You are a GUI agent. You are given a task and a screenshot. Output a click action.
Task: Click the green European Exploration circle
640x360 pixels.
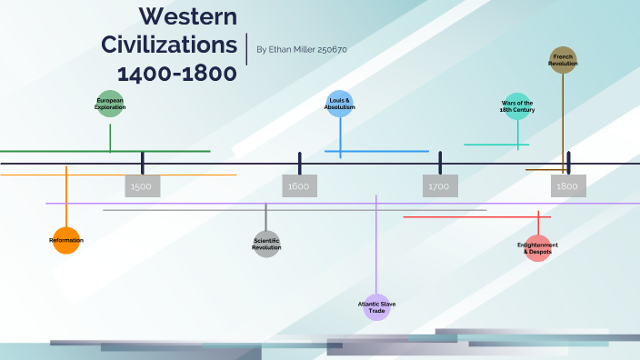click(110, 104)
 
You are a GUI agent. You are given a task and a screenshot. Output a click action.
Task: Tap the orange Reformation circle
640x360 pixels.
click(66, 240)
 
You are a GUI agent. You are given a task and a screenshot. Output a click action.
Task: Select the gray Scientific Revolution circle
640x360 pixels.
click(266, 244)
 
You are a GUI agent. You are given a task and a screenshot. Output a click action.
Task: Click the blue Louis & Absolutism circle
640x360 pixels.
click(340, 104)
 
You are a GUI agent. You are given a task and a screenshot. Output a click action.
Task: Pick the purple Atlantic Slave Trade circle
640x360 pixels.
click(376, 307)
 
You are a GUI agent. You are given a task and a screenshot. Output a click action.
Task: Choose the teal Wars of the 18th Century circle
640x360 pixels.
click(517, 105)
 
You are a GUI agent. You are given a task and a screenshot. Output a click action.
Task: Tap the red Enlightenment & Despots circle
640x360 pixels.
click(538, 247)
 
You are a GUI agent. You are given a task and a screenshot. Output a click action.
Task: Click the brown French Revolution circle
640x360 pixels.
click(563, 60)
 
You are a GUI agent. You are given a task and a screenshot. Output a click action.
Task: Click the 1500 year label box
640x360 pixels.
click(142, 186)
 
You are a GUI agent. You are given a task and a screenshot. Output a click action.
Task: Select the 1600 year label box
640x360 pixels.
click(299, 186)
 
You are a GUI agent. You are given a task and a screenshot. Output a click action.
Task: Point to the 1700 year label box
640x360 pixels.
click(440, 186)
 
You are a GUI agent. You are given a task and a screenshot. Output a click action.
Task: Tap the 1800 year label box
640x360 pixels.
click(568, 186)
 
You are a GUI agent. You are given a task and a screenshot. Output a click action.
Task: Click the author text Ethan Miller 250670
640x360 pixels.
click(302, 50)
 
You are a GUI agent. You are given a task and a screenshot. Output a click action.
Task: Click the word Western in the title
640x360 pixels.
click(188, 15)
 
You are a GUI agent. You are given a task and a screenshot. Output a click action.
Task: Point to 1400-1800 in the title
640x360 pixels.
click(176, 73)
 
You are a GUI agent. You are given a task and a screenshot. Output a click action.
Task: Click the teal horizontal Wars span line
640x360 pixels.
click(496, 144)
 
